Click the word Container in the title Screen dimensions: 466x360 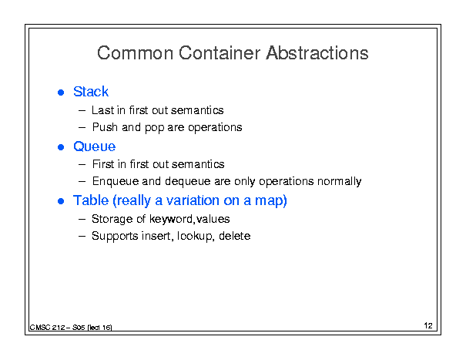click(220, 53)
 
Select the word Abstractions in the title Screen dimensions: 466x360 click(317, 53)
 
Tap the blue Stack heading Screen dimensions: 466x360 click(91, 91)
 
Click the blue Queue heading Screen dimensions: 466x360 click(94, 146)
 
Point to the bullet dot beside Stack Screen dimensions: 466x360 click(61, 93)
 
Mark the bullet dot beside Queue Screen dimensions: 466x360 click(61, 147)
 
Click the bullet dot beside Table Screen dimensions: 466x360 click(61, 201)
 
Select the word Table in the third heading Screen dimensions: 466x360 click(91, 200)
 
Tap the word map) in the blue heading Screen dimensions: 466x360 click(271, 201)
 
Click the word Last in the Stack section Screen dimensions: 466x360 click(103, 110)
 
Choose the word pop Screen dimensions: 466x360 click(154, 128)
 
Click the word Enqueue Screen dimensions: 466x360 click(116, 181)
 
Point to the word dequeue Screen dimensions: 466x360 click(187, 181)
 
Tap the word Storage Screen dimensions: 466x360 click(112, 219)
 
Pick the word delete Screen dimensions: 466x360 click(234, 236)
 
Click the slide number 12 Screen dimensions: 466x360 click(428, 325)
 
